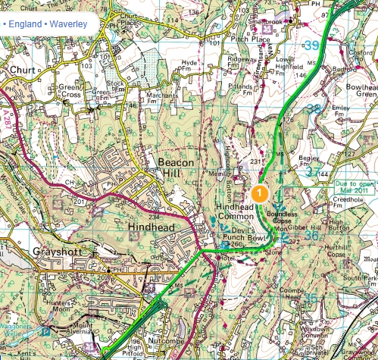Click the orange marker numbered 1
pos(259,193)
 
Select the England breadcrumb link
pos(23,23)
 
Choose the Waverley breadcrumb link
pos(68,23)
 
